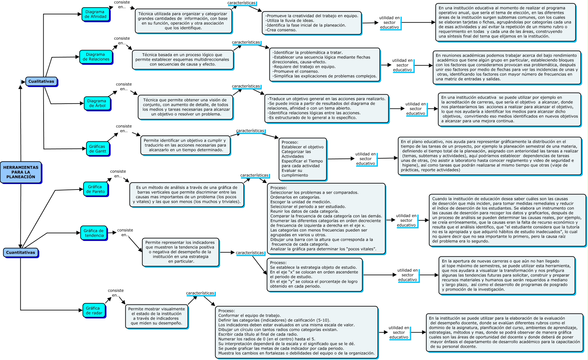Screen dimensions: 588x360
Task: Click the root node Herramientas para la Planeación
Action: coord(21,172)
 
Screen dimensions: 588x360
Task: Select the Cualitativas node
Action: coord(41,82)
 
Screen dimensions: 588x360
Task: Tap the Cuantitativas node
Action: coord(21,253)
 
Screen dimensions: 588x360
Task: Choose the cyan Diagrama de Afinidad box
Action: coord(96,15)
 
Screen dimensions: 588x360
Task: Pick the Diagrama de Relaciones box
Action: coord(96,57)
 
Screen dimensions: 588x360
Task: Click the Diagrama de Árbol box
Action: coord(97,103)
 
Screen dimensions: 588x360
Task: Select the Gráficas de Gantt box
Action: coord(98,149)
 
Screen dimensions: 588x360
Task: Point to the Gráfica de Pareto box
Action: coord(96,189)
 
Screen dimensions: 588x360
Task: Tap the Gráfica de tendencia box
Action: coord(94,233)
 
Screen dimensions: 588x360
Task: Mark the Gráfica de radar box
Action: coord(94,311)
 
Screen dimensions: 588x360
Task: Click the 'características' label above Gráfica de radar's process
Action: coord(200,293)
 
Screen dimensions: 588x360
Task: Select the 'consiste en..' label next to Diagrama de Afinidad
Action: coord(122,5)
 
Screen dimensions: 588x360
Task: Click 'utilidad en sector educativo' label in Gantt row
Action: coord(366,159)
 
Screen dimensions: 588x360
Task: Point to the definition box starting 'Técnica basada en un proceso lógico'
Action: coord(183,60)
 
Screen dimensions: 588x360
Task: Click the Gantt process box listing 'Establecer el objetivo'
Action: coord(302,159)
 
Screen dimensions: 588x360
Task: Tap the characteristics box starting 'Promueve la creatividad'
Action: coord(312,23)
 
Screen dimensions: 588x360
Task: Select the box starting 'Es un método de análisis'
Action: coord(187,195)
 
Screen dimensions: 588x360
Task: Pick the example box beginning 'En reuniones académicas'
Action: coord(507,67)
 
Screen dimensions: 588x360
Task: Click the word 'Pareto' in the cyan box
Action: coord(99,192)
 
